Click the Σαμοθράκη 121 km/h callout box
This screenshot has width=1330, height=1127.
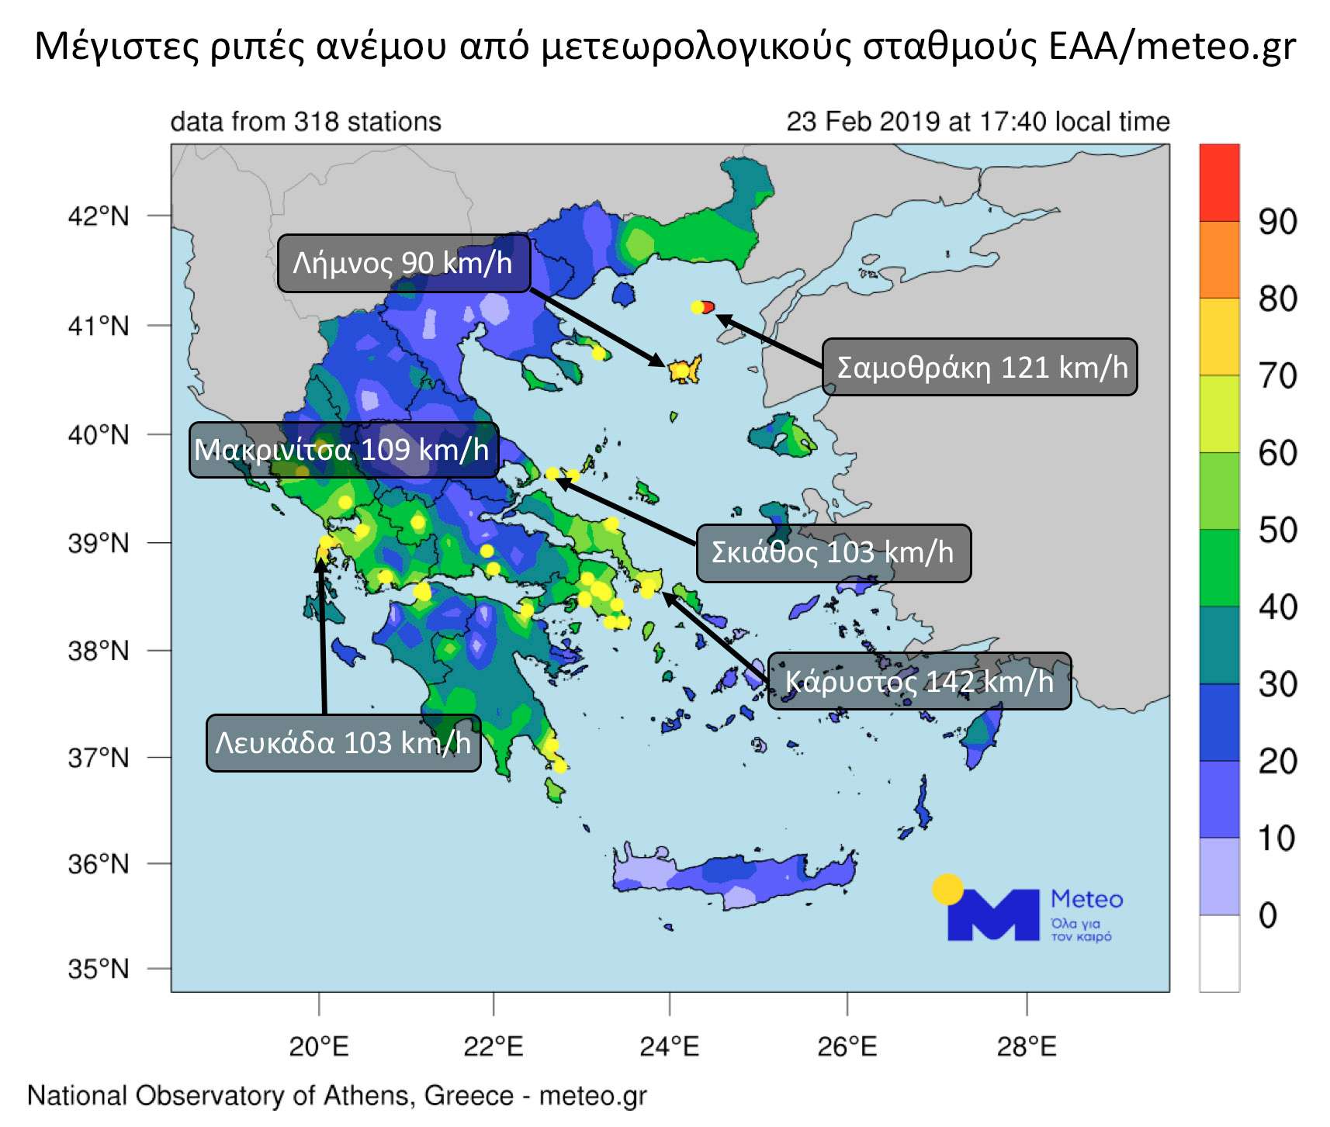click(x=979, y=367)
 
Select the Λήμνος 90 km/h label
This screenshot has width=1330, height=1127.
click(x=404, y=263)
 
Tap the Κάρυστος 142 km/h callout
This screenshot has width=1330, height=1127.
click(x=919, y=681)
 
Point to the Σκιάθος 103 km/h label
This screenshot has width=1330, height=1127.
click(x=833, y=552)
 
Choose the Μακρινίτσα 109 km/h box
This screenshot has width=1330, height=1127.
click(x=343, y=449)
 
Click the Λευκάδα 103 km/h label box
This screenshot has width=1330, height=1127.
click(x=343, y=742)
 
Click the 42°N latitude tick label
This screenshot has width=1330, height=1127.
click(x=99, y=216)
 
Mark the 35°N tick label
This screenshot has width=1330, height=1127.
click(x=99, y=968)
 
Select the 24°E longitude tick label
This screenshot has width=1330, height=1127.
click(x=669, y=1046)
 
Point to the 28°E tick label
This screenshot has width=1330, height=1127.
click(x=1026, y=1046)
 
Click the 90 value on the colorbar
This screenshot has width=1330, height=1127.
click(x=1277, y=222)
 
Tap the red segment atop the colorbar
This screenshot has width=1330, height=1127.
click(x=1219, y=182)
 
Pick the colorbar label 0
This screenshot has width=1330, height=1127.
click(x=1268, y=915)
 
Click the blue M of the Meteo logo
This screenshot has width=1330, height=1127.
click(x=992, y=916)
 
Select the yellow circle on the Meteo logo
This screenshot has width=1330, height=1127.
click(x=947, y=890)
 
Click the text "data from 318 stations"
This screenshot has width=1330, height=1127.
click(x=306, y=122)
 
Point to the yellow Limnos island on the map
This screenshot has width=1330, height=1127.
click(x=684, y=369)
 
